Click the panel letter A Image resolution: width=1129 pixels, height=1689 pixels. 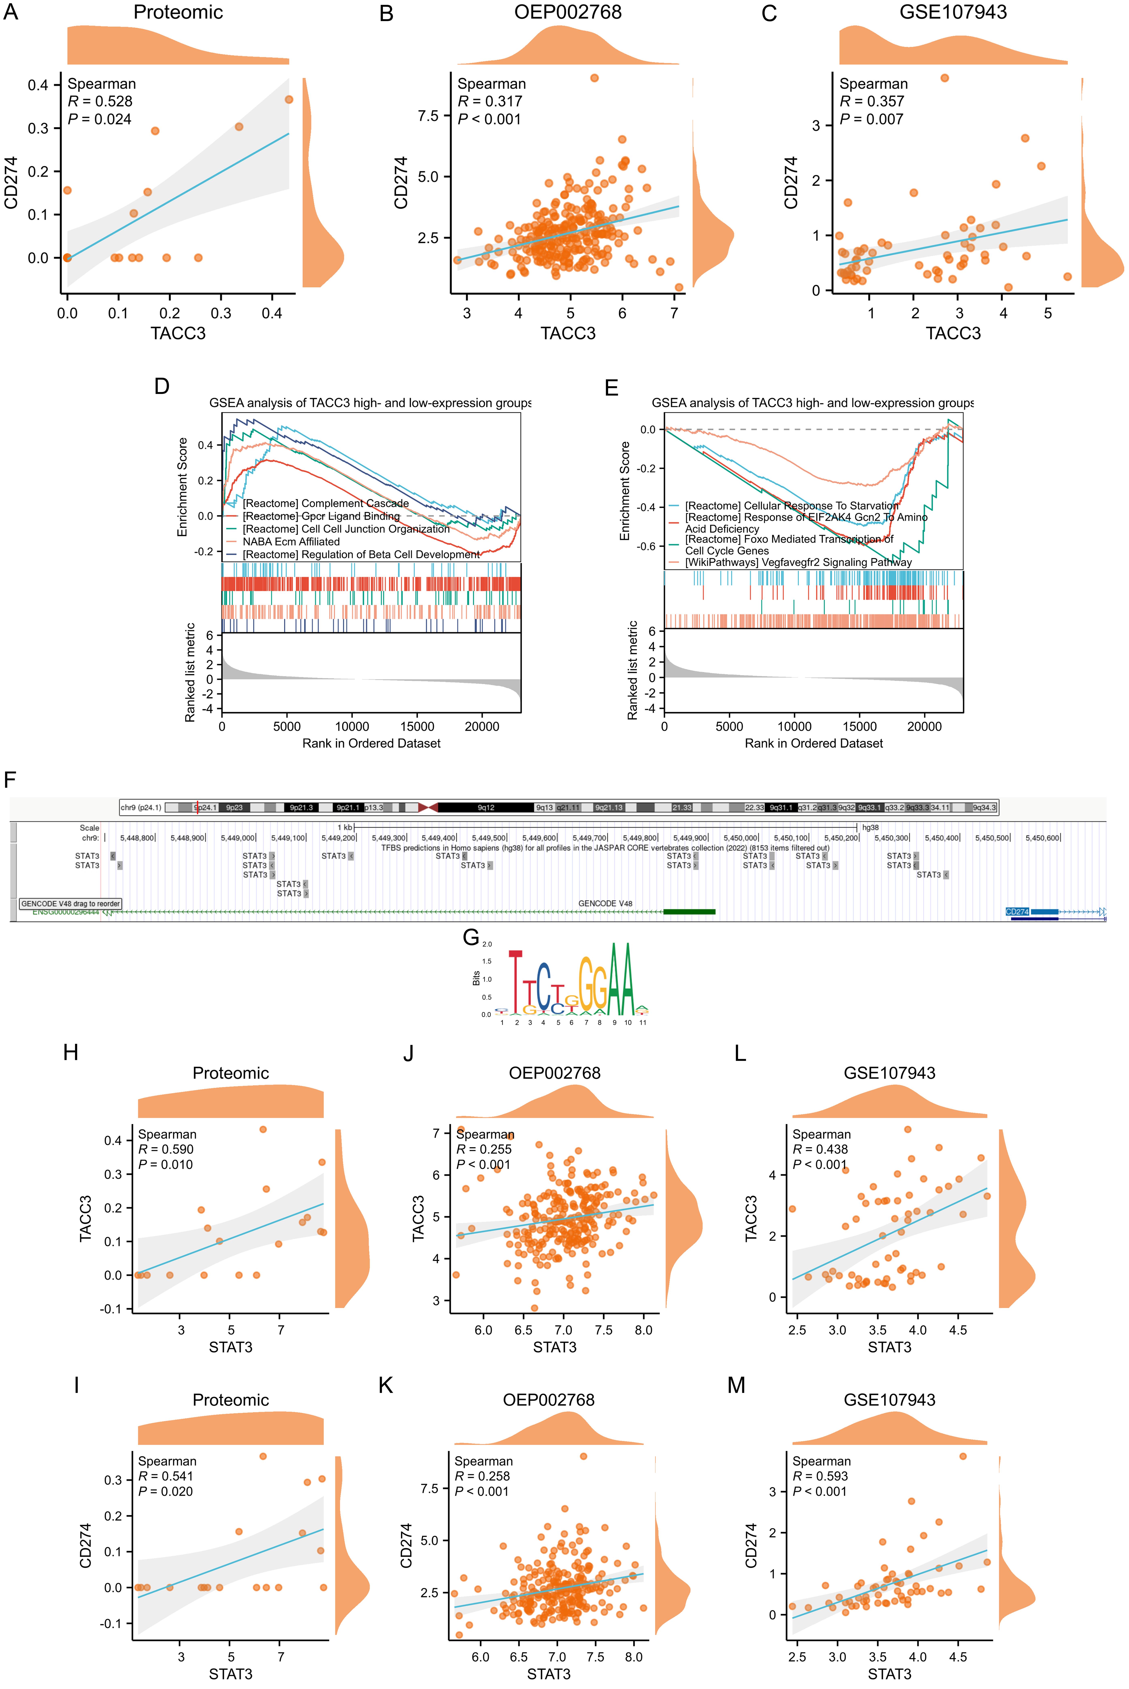(x=11, y=13)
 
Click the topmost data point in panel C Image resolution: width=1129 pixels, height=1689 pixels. (x=945, y=78)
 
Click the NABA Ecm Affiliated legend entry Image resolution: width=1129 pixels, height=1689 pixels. (x=291, y=542)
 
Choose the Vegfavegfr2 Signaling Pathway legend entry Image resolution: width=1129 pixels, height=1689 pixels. (x=799, y=563)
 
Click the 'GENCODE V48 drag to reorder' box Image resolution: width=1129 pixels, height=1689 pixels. (x=71, y=903)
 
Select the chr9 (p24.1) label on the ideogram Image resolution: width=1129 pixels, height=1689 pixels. (x=141, y=808)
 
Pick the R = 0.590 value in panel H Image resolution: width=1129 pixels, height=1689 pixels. (x=166, y=1150)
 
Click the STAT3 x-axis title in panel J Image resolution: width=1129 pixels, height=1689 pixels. (x=554, y=1347)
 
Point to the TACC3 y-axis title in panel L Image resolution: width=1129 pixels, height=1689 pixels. (x=751, y=1219)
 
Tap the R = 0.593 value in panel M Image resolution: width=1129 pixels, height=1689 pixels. (x=820, y=1476)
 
